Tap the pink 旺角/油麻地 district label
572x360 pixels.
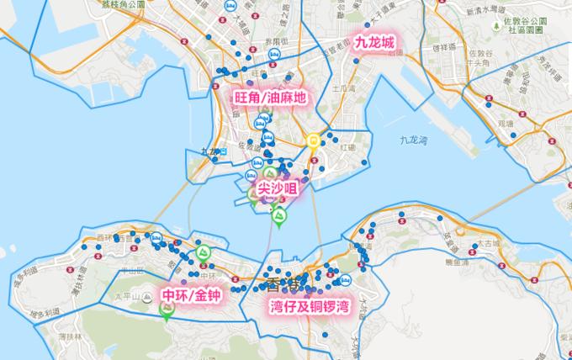click(x=270, y=98)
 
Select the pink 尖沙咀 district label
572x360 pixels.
click(x=277, y=192)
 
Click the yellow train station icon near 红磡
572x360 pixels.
click(x=313, y=140)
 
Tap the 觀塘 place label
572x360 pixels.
click(x=505, y=122)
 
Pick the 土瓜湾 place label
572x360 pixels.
click(x=342, y=87)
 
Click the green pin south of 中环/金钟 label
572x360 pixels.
click(x=167, y=311)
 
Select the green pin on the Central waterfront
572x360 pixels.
click(x=203, y=252)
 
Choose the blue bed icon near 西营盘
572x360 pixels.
click(x=156, y=237)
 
